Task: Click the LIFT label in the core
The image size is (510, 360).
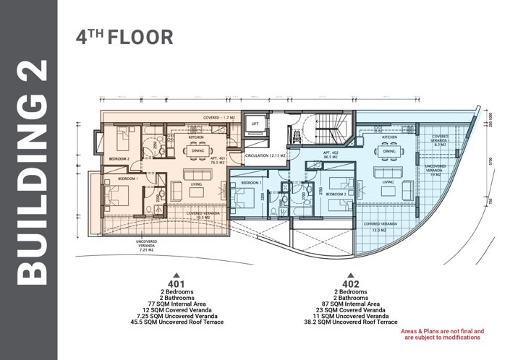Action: [254, 124]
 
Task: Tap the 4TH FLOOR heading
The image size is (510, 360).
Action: [124, 38]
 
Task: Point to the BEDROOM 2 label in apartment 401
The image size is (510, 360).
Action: [119, 158]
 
